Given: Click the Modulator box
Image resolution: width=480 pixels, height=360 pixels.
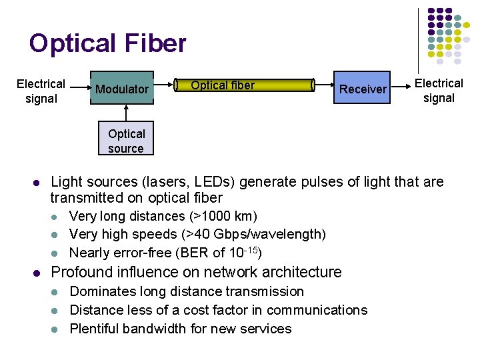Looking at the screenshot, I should (x=122, y=88).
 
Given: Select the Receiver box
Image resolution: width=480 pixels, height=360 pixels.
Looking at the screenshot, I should (x=363, y=89).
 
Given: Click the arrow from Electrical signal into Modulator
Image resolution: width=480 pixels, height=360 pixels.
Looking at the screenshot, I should (x=80, y=87).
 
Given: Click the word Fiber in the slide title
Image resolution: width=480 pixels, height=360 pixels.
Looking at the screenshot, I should (x=155, y=44).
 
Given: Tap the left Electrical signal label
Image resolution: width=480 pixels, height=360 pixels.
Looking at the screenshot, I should (x=41, y=91).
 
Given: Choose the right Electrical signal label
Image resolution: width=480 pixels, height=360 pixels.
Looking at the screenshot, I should (x=439, y=91).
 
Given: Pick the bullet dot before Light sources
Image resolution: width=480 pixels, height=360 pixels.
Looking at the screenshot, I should (x=37, y=183).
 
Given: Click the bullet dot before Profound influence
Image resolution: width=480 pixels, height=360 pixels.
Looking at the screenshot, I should (x=37, y=273).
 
